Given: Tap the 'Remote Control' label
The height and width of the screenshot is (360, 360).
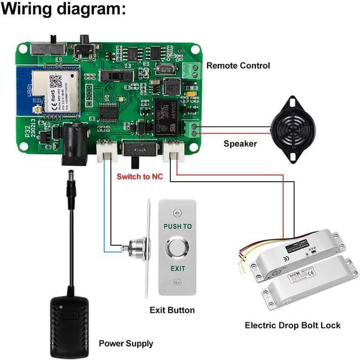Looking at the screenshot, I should pos(238,66).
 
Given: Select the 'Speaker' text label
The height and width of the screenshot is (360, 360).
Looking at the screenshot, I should pos(240,144).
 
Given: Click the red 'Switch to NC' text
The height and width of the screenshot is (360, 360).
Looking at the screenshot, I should pos(141,177).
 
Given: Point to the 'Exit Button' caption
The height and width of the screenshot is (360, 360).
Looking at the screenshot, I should pos(172,310).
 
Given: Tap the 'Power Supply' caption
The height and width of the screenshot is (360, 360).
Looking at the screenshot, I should pos(125,343).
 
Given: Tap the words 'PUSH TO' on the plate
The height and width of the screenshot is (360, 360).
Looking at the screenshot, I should pos(178,226).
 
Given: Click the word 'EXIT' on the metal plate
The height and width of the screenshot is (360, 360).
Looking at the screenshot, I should pos(178,268).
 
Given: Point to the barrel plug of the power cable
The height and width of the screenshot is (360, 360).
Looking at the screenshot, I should pos(72,185).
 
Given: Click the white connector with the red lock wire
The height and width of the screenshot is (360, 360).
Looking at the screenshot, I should pos(175,151).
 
